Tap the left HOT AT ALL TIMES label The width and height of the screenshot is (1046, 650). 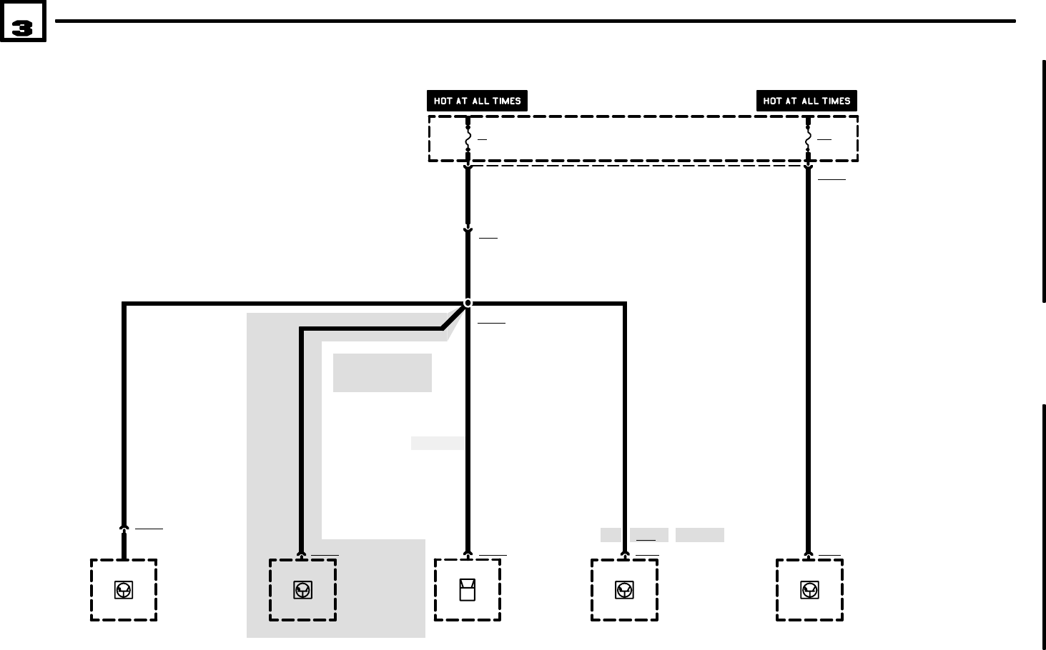pyautogui.click(x=477, y=101)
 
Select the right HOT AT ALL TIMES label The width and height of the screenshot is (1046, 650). pyautogui.click(x=806, y=101)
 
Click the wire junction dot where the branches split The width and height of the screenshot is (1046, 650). pyautogui.click(x=468, y=303)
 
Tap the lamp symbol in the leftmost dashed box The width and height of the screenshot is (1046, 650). pyautogui.click(x=124, y=590)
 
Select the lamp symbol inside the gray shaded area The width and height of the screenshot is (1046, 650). pyautogui.click(x=302, y=590)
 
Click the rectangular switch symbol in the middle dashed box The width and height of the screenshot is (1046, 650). pyautogui.click(x=468, y=590)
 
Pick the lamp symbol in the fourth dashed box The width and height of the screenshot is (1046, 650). pyautogui.click(x=624, y=590)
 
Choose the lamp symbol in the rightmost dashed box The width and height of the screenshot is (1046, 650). pyautogui.click(x=809, y=590)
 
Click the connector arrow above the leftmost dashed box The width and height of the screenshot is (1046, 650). pyautogui.click(x=124, y=529)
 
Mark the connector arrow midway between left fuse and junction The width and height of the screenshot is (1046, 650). pyautogui.click(x=468, y=230)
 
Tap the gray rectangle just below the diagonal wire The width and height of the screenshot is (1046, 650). pyautogui.click(x=382, y=372)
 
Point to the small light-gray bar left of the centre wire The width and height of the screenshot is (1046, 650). pyautogui.click(x=438, y=443)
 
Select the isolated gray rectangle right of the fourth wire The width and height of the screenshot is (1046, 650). pyautogui.click(x=699, y=535)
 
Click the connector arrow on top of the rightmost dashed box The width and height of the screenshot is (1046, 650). pyautogui.click(x=809, y=554)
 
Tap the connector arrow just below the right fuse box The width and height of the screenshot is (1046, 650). pyautogui.click(x=808, y=169)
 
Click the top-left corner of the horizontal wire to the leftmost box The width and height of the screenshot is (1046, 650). pyautogui.click(x=124, y=304)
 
